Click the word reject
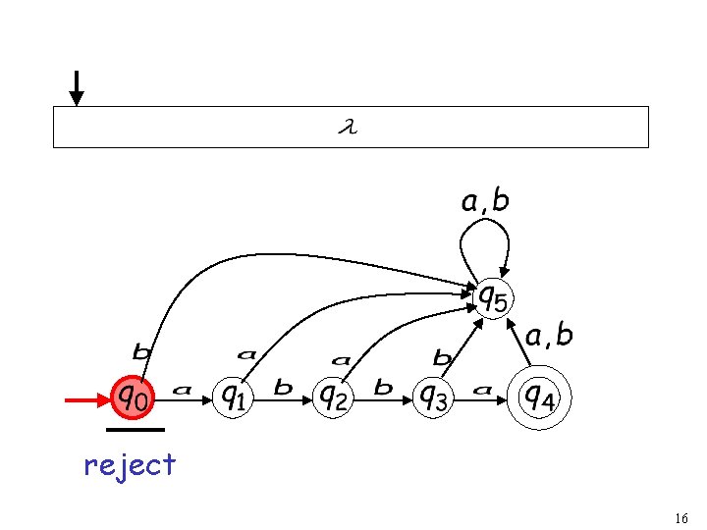130,464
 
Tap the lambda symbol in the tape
345,128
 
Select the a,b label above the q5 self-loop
485,202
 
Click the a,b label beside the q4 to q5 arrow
549,337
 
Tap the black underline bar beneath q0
136,429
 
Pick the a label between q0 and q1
182,390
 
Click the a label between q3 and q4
482,390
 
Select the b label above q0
141,350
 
